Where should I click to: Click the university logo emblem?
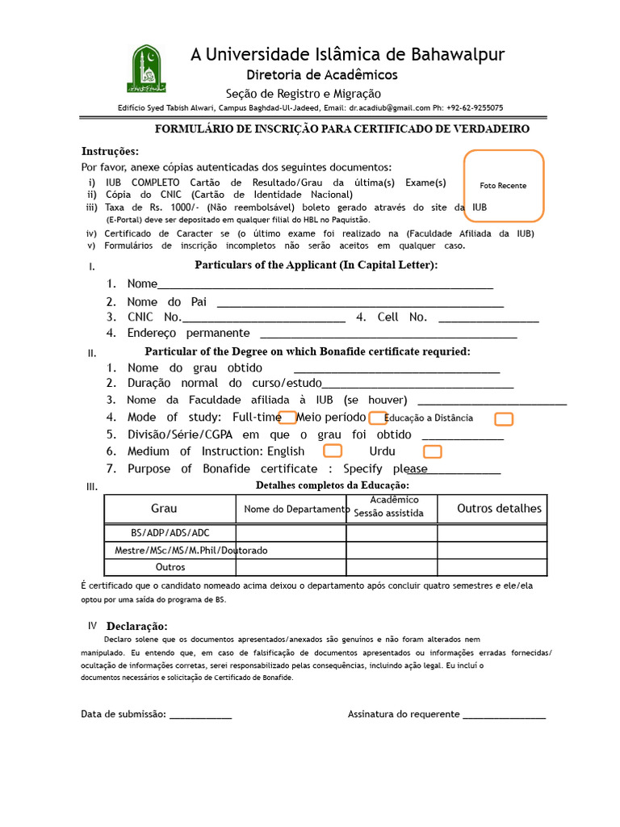point(146,69)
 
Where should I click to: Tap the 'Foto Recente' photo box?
point(503,186)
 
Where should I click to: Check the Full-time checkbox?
point(287,418)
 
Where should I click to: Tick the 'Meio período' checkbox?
point(377,418)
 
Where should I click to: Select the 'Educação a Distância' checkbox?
point(504,418)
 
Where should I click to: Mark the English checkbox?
point(332,451)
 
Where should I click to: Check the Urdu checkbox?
point(433,451)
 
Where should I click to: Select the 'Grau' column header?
point(164,509)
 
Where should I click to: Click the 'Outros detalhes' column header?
point(499,509)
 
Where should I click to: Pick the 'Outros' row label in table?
point(170,567)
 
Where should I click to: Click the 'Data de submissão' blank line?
point(200,715)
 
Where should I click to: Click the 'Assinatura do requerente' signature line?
point(504,715)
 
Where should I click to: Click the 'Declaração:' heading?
point(136,627)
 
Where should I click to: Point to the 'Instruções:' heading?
point(110,152)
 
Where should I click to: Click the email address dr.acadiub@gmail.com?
point(390,107)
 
